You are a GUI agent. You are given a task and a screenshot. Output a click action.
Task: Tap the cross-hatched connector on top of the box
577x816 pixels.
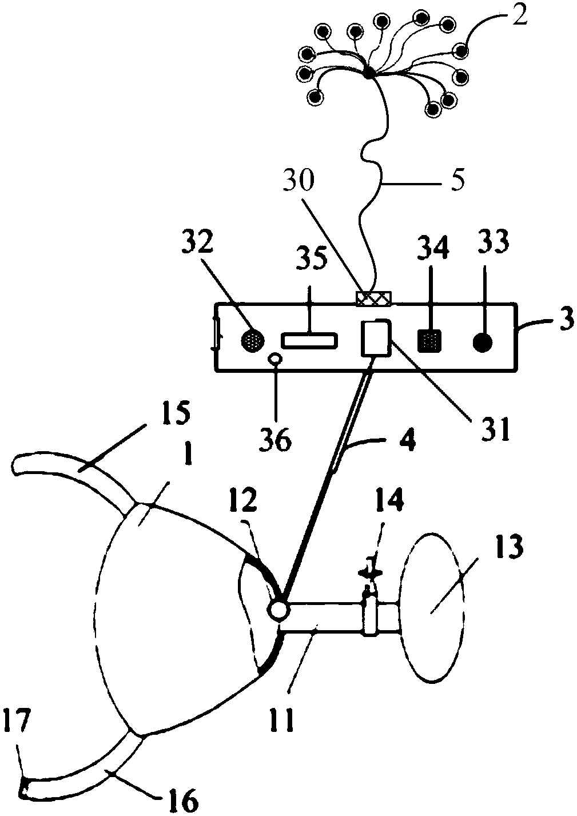[x=373, y=298]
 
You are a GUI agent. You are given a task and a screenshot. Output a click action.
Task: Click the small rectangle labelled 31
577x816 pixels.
[x=375, y=338]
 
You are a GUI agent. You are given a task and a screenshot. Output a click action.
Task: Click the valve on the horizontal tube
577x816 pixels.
[x=370, y=614]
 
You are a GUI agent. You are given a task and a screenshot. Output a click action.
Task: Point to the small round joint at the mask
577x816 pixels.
[x=279, y=610]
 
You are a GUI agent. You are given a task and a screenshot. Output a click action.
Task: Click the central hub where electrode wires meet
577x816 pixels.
[x=368, y=72]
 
